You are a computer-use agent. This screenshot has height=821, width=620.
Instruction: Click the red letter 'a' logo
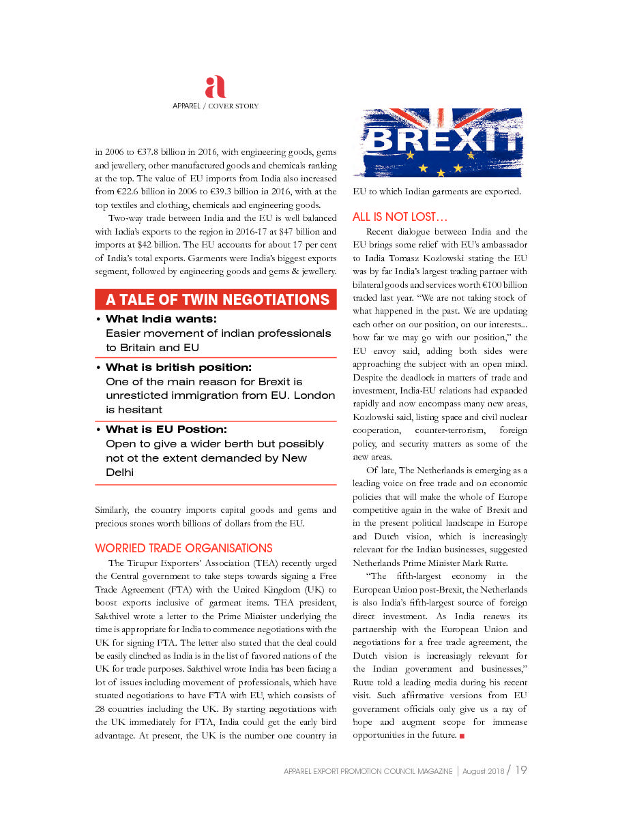[215, 87]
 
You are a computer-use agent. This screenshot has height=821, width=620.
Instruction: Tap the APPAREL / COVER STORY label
[215, 106]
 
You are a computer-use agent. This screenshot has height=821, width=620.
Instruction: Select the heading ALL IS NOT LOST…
[400, 218]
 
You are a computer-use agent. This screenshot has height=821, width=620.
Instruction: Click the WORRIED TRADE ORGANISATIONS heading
[183, 548]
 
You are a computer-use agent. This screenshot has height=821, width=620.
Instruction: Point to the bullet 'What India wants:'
[161, 319]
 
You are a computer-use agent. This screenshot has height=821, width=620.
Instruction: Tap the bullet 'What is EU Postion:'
[166, 430]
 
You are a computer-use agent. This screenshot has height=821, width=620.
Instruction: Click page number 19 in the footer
[520, 771]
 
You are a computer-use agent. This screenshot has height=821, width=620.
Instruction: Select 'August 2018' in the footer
[482, 771]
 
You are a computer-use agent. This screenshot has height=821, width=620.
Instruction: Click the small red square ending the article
[462, 736]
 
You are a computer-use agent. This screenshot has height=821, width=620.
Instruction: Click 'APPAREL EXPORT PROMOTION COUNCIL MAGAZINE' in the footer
[368, 771]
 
